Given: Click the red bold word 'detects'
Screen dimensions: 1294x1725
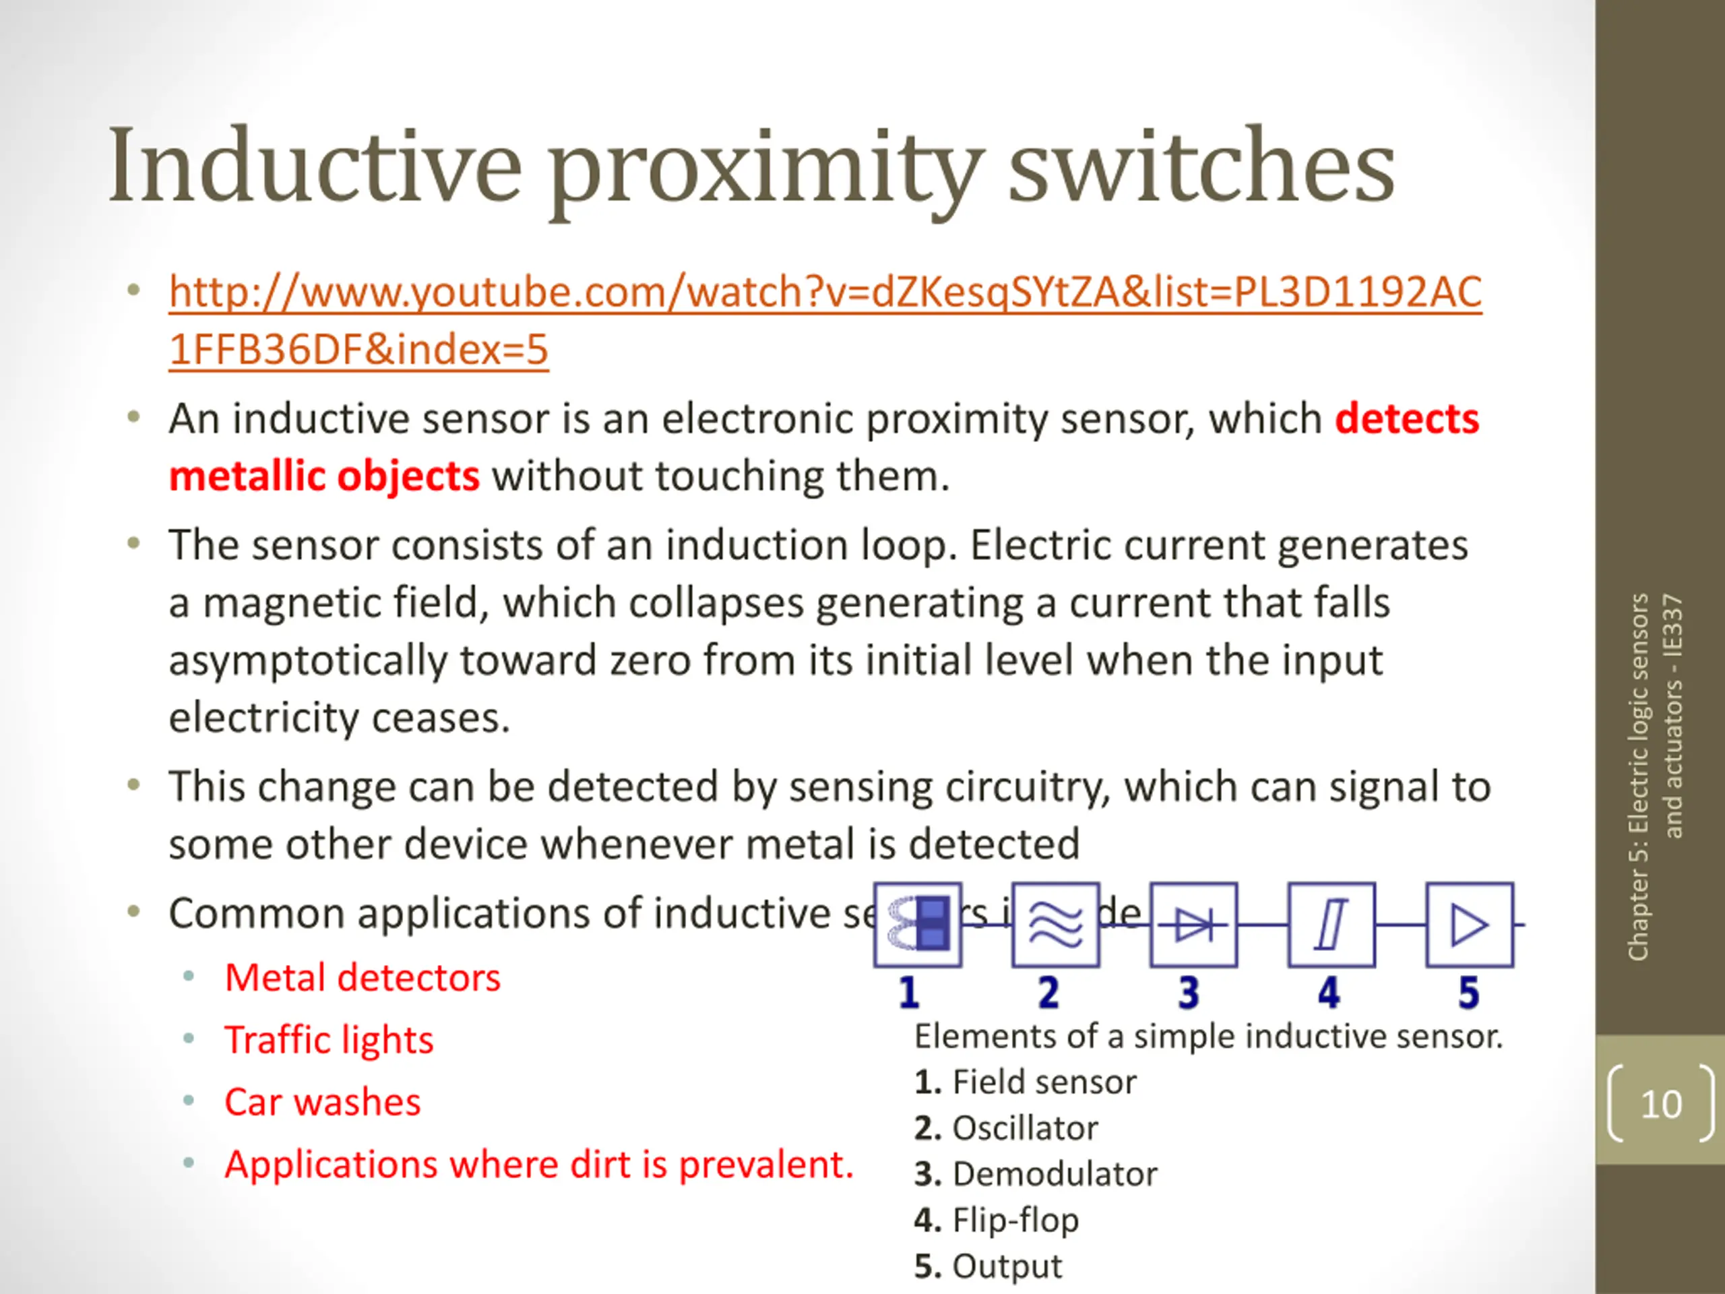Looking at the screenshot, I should [x=1406, y=419].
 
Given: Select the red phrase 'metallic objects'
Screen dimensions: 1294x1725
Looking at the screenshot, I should [x=323, y=476].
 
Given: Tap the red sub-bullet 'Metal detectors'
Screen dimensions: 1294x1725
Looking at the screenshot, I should [x=362, y=977].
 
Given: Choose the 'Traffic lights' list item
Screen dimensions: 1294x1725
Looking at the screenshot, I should [x=328, y=1040].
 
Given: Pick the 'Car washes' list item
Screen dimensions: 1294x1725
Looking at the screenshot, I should [x=322, y=1102].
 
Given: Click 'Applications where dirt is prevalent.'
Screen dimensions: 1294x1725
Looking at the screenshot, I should [x=539, y=1165].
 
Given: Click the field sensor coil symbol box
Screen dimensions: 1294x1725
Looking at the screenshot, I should [x=918, y=925].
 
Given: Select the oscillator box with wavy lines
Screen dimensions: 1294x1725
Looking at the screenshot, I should [x=1056, y=925].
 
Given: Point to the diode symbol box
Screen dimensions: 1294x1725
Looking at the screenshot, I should [x=1193, y=925].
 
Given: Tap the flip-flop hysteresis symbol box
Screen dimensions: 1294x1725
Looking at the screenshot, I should [x=1331, y=925].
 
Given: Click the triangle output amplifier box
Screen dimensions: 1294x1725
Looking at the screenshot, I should [x=1469, y=925].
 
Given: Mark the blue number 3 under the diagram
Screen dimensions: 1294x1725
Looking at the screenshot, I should [x=1189, y=993].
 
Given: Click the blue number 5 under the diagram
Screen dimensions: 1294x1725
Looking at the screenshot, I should [x=1468, y=993].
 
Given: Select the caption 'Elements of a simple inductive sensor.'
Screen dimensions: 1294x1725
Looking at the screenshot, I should [x=1208, y=1037].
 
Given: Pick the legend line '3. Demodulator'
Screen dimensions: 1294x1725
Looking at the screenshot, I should [x=1036, y=1174].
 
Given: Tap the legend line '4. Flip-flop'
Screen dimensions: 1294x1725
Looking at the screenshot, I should [x=996, y=1220].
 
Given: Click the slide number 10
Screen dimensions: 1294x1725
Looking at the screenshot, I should [x=1660, y=1105].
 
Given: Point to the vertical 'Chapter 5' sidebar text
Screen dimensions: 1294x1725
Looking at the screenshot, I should [x=1655, y=776].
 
